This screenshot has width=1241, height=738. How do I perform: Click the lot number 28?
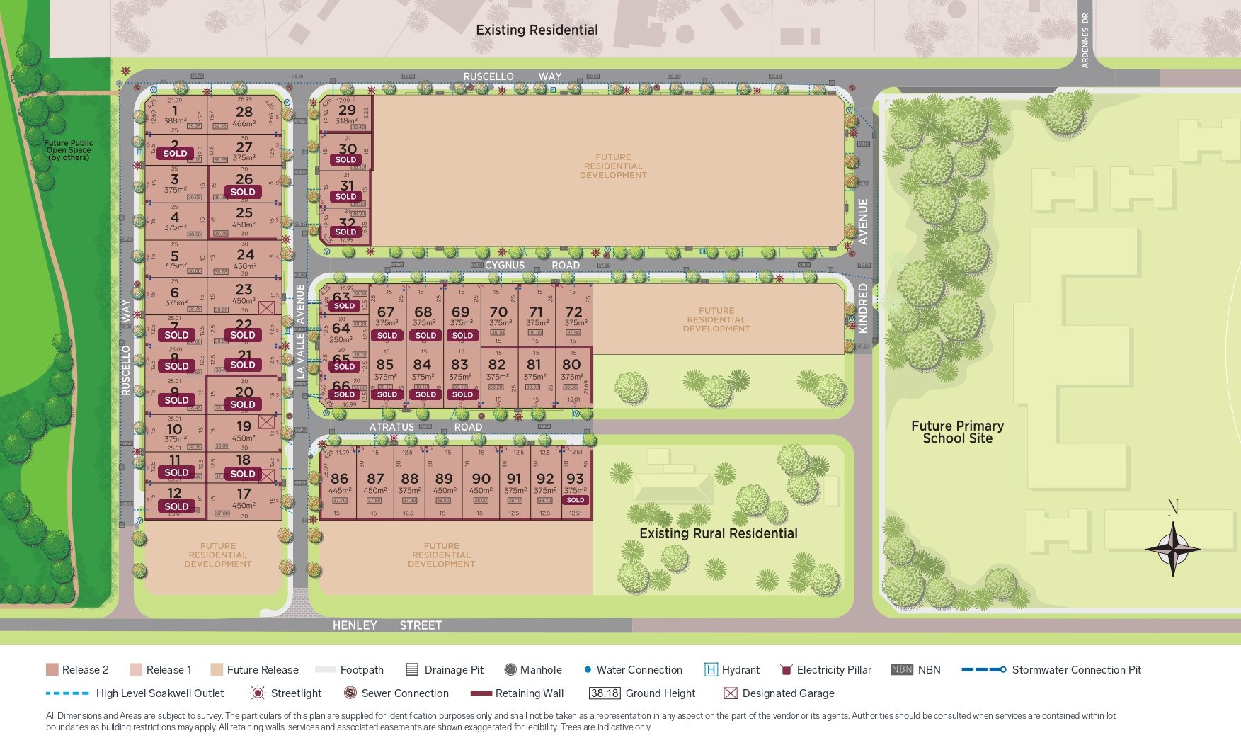(x=244, y=112)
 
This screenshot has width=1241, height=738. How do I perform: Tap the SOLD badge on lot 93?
(x=576, y=500)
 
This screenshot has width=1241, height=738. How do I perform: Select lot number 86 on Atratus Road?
(x=340, y=479)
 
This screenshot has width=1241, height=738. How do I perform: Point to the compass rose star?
(x=1173, y=548)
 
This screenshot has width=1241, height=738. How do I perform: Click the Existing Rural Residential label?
(x=718, y=533)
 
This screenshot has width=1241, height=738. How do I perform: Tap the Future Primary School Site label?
(x=957, y=432)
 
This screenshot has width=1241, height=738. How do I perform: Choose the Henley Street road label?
(x=387, y=625)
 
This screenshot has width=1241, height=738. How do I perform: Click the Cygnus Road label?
(x=532, y=265)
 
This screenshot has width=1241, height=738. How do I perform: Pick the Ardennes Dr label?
(x=1085, y=40)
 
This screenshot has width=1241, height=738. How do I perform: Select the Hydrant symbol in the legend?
(x=711, y=669)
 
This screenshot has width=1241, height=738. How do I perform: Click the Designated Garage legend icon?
(x=731, y=693)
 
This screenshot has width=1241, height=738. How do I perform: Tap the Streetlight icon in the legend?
(x=258, y=693)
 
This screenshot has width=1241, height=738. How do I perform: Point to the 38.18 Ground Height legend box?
(x=605, y=693)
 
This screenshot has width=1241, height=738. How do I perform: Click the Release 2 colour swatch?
(x=52, y=669)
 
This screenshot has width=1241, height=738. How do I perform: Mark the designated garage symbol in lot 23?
(x=266, y=307)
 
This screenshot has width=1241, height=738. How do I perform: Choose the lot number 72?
(x=574, y=312)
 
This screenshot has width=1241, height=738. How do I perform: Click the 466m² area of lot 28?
(x=244, y=124)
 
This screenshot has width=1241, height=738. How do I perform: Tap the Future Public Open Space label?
(x=68, y=150)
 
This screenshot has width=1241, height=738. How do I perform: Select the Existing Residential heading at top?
(x=537, y=30)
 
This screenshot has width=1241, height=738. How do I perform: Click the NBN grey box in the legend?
(x=901, y=669)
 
